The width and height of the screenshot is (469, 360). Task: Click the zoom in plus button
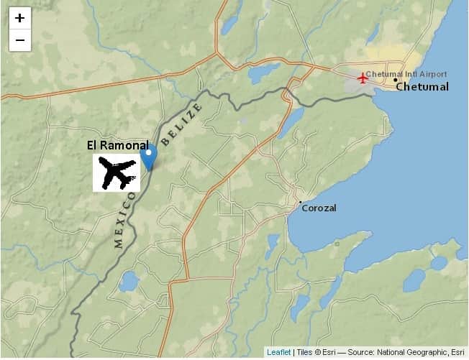click(19, 18)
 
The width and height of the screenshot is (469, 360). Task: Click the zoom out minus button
click(19, 40)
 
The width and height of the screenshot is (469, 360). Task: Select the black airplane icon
click(117, 173)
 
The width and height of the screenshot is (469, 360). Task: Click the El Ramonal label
click(118, 145)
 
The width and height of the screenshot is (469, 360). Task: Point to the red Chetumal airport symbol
click(363, 78)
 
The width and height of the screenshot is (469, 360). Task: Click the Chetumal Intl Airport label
click(406, 74)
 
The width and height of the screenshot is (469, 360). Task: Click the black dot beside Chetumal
click(395, 80)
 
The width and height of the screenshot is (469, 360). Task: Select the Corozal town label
click(319, 208)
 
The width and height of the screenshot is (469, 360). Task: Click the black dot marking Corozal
click(301, 203)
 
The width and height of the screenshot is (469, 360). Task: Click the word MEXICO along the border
click(124, 220)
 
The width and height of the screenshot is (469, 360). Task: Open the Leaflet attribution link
click(278, 352)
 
